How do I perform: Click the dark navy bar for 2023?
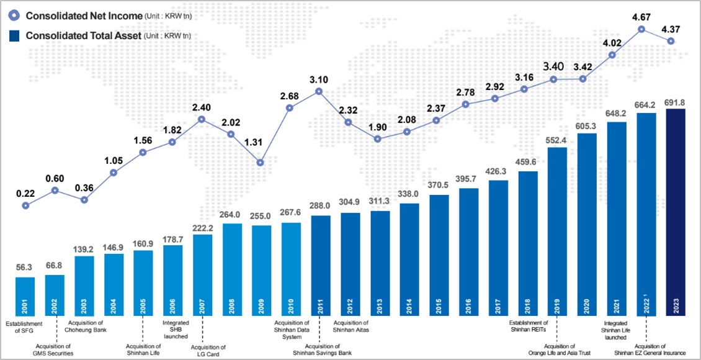click(676, 211)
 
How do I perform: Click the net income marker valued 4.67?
click(641, 29)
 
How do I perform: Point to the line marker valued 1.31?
click(261, 163)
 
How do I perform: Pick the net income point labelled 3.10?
click(319, 91)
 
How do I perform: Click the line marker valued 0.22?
click(25, 205)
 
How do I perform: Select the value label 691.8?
click(676, 102)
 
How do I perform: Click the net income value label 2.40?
click(202, 107)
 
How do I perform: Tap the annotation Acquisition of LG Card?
click(205, 351)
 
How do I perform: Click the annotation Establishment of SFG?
click(24, 327)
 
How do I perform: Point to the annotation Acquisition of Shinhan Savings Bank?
click(321, 349)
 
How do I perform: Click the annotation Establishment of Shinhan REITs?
click(528, 326)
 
